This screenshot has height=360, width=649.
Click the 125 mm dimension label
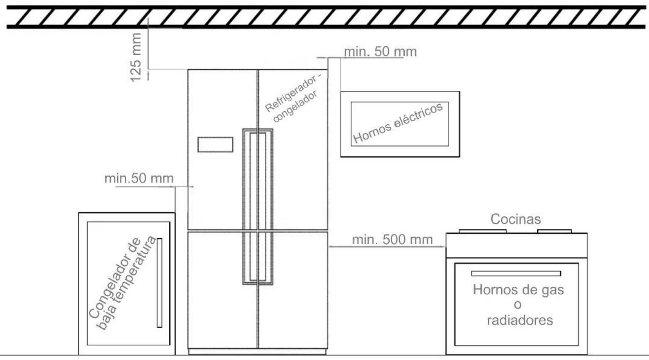coord(136,58)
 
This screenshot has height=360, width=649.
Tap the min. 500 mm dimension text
coord(392,240)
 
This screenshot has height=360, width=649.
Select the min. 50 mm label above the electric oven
coord(380,52)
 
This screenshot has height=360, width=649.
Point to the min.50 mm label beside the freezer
coord(139,178)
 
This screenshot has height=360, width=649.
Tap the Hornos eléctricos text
coord(398,123)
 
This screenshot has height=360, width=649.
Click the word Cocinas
coord(516,219)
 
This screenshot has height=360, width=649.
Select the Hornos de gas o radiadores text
coord(518,305)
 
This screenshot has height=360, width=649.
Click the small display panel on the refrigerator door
coord(215,145)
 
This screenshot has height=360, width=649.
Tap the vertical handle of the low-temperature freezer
coord(159,283)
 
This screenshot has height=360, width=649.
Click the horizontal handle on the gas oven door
coord(516,273)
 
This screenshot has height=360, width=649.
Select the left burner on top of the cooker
coord(482,231)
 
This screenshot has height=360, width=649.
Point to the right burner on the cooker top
coord(554,231)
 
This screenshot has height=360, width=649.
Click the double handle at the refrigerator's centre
coord(257,206)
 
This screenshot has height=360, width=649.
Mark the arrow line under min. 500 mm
coord(387,247)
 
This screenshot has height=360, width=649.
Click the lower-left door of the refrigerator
coord(222,290)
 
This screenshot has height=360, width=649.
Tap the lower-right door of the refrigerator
coord(293,290)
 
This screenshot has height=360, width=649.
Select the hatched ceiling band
coord(326,17)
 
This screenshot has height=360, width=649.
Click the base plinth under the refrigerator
coord(257,352)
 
